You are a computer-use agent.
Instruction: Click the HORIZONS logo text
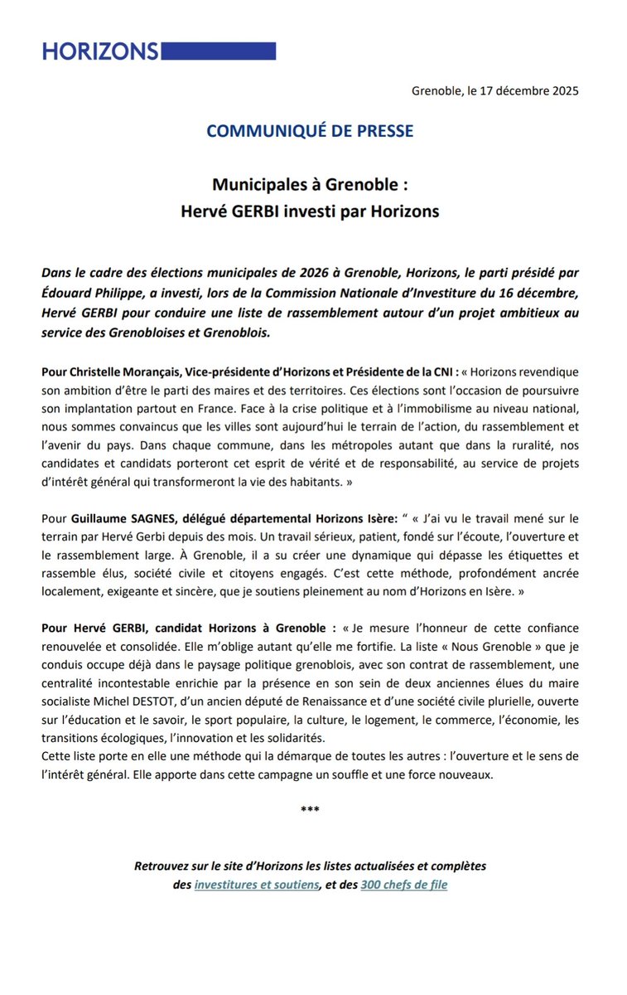click(99, 51)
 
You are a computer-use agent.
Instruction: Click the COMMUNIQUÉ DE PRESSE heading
click(310, 131)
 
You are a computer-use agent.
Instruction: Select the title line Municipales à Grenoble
click(310, 182)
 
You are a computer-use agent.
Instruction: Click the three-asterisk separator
click(310, 808)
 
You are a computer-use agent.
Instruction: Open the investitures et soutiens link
click(257, 885)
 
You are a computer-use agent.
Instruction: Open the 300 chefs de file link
click(404, 885)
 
